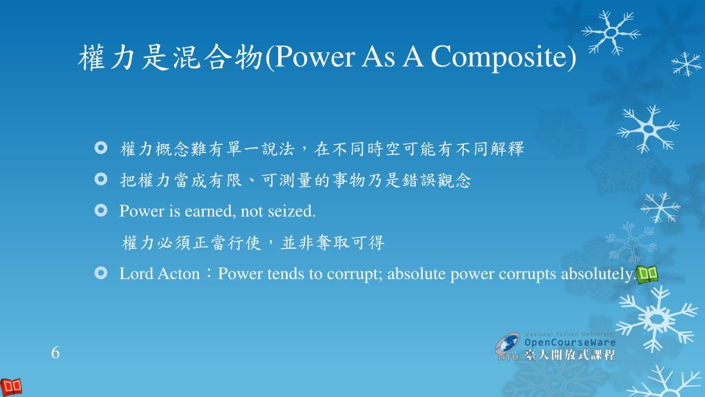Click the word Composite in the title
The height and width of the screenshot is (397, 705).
[x=499, y=57]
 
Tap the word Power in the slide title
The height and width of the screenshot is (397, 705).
[x=314, y=57]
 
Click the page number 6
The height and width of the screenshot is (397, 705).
[x=55, y=352]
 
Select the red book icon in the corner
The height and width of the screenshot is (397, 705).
[x=11, y=387]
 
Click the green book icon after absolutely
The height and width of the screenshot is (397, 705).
[x=647, y=274]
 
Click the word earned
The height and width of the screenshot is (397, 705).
[x=210, y=211]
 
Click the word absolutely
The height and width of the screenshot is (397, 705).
[x=598, y=274]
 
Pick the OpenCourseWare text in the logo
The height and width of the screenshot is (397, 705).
[x=569, y=342]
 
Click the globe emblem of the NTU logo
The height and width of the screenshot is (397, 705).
[x=507, y=345]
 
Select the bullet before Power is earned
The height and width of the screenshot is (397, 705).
[x=101, y=210]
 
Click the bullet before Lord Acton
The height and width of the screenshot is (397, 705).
[x=101, y=273]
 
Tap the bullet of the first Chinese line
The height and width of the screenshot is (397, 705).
[x=101, y=147]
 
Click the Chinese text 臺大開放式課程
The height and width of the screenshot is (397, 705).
[x=569, y=355]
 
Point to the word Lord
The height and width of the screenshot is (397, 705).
[x=136, y=274]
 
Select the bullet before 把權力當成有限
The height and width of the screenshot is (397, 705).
[x=101, y=179]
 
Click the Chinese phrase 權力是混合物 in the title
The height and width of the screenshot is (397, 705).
[x=171, y=57]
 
